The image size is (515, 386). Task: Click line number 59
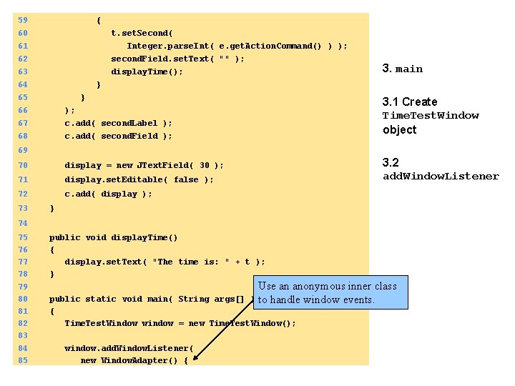tap(23, 20)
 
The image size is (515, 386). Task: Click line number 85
tap(23, 360)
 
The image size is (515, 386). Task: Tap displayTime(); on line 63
tap(147, 71)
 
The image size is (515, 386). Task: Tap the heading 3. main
tap(402, 69)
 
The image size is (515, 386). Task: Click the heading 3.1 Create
tap(409, 102)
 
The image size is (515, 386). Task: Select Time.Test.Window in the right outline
tap(430, 116)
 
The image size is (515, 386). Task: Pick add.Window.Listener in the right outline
tap(440, 177)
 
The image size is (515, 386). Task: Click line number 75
tap(23, 237)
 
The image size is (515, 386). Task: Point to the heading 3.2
tap(391, 162)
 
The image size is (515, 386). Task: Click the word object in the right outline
tap(399, 129)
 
